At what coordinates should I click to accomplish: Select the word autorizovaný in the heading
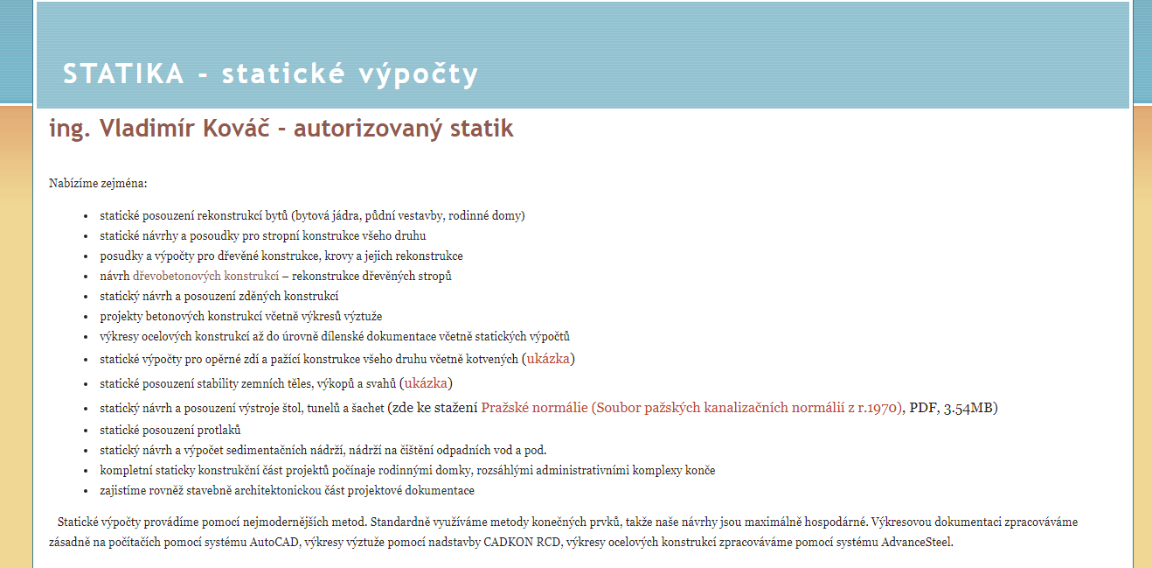point(367,129)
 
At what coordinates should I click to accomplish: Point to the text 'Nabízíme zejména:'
point(98,184)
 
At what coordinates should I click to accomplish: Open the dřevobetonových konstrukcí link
point(205,276)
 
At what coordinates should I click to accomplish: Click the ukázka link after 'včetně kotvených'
point(548,359)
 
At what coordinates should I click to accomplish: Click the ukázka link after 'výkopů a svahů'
point(426,383)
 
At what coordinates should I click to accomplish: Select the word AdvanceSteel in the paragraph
point(916,542)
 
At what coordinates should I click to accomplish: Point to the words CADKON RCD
point(522,542)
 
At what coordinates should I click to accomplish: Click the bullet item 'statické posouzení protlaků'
point(170,430)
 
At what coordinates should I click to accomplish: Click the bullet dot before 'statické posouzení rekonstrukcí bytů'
point(85,216)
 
